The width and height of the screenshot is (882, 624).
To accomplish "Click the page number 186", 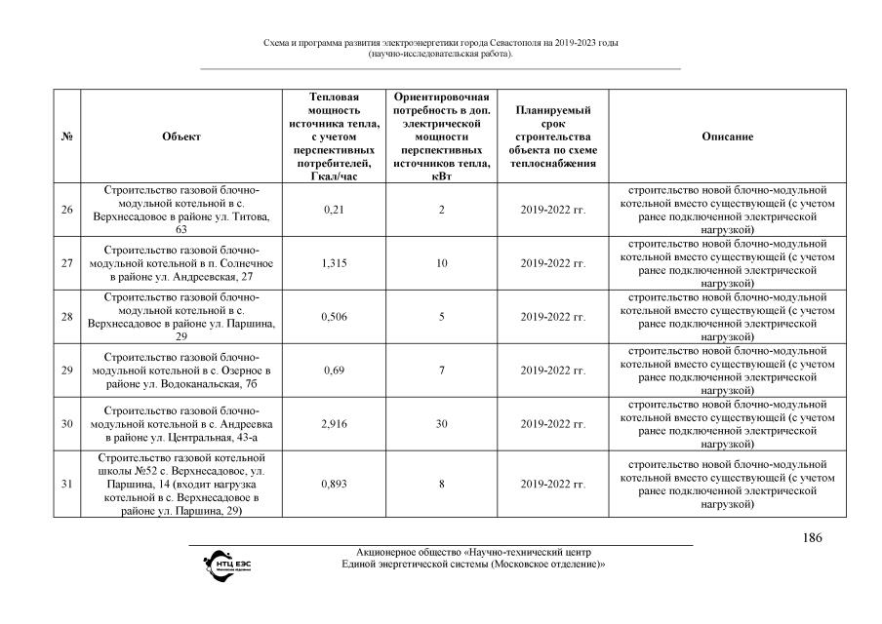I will pyautogui.click(x=812, y=538).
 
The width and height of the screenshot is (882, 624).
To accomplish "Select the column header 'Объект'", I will pyautogui.click(x=181, y=136).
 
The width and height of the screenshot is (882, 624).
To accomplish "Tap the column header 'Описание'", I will pyautogui.click(x=727, y=136).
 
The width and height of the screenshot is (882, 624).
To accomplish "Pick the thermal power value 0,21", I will pyautogui.click(x=334, y=210).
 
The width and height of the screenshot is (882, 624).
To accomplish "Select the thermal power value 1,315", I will pyautogui.click(x=334, y=263).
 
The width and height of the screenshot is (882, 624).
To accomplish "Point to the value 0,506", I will pyautogui.click(x=334, y=317).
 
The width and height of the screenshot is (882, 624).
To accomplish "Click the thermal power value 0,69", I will pyautogui.click(x=334, y=370).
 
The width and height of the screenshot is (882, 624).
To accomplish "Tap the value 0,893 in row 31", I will pyautogui.click(x=334, y=484).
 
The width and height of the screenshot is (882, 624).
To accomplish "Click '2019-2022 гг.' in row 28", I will pyautogui.click(x=552, y=317).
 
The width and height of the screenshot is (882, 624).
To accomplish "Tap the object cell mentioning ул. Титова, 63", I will pyautogui.click(x=181, y=210).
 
